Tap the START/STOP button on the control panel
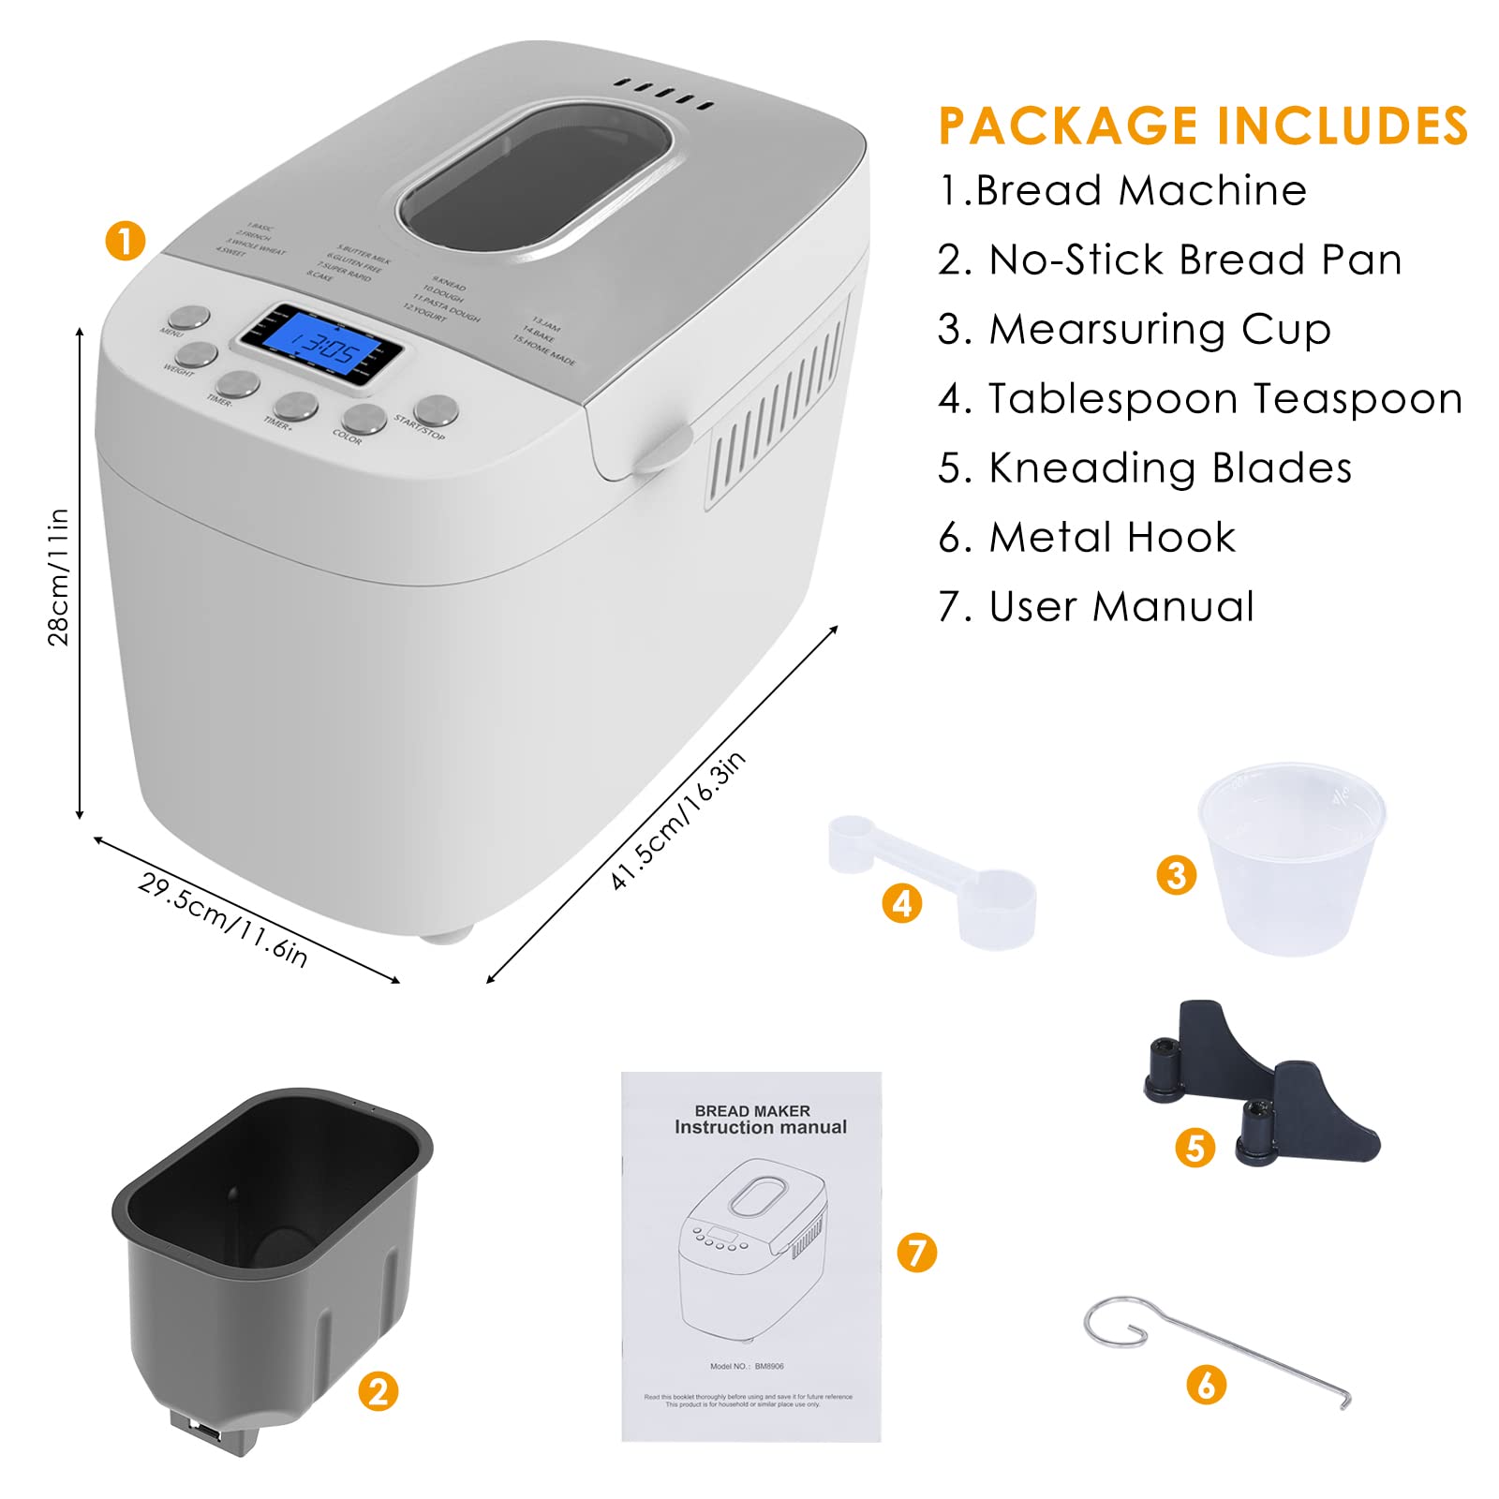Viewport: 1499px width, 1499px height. coord(436,409)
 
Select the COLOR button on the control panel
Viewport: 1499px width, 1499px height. coord(364,418)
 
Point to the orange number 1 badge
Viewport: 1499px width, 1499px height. coord(126,241)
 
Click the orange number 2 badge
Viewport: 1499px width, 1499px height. coord(378,1391)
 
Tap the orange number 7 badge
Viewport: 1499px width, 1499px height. coord(916,1253)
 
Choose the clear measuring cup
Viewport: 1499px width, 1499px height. coord(1291,857)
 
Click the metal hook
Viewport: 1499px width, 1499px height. coord(1218,1349)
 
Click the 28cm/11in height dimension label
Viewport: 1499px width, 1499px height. coord(58,576)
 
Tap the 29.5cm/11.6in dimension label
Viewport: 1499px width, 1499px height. coord(222,919)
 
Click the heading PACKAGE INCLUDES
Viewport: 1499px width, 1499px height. coord(1203,126)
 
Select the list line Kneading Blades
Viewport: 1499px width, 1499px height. coord(1145,468)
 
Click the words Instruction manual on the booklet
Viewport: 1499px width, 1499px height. coord(760,1127)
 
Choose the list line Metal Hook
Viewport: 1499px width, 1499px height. coord(1087,537)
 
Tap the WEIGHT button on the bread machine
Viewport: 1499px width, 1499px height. coord(196,355)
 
